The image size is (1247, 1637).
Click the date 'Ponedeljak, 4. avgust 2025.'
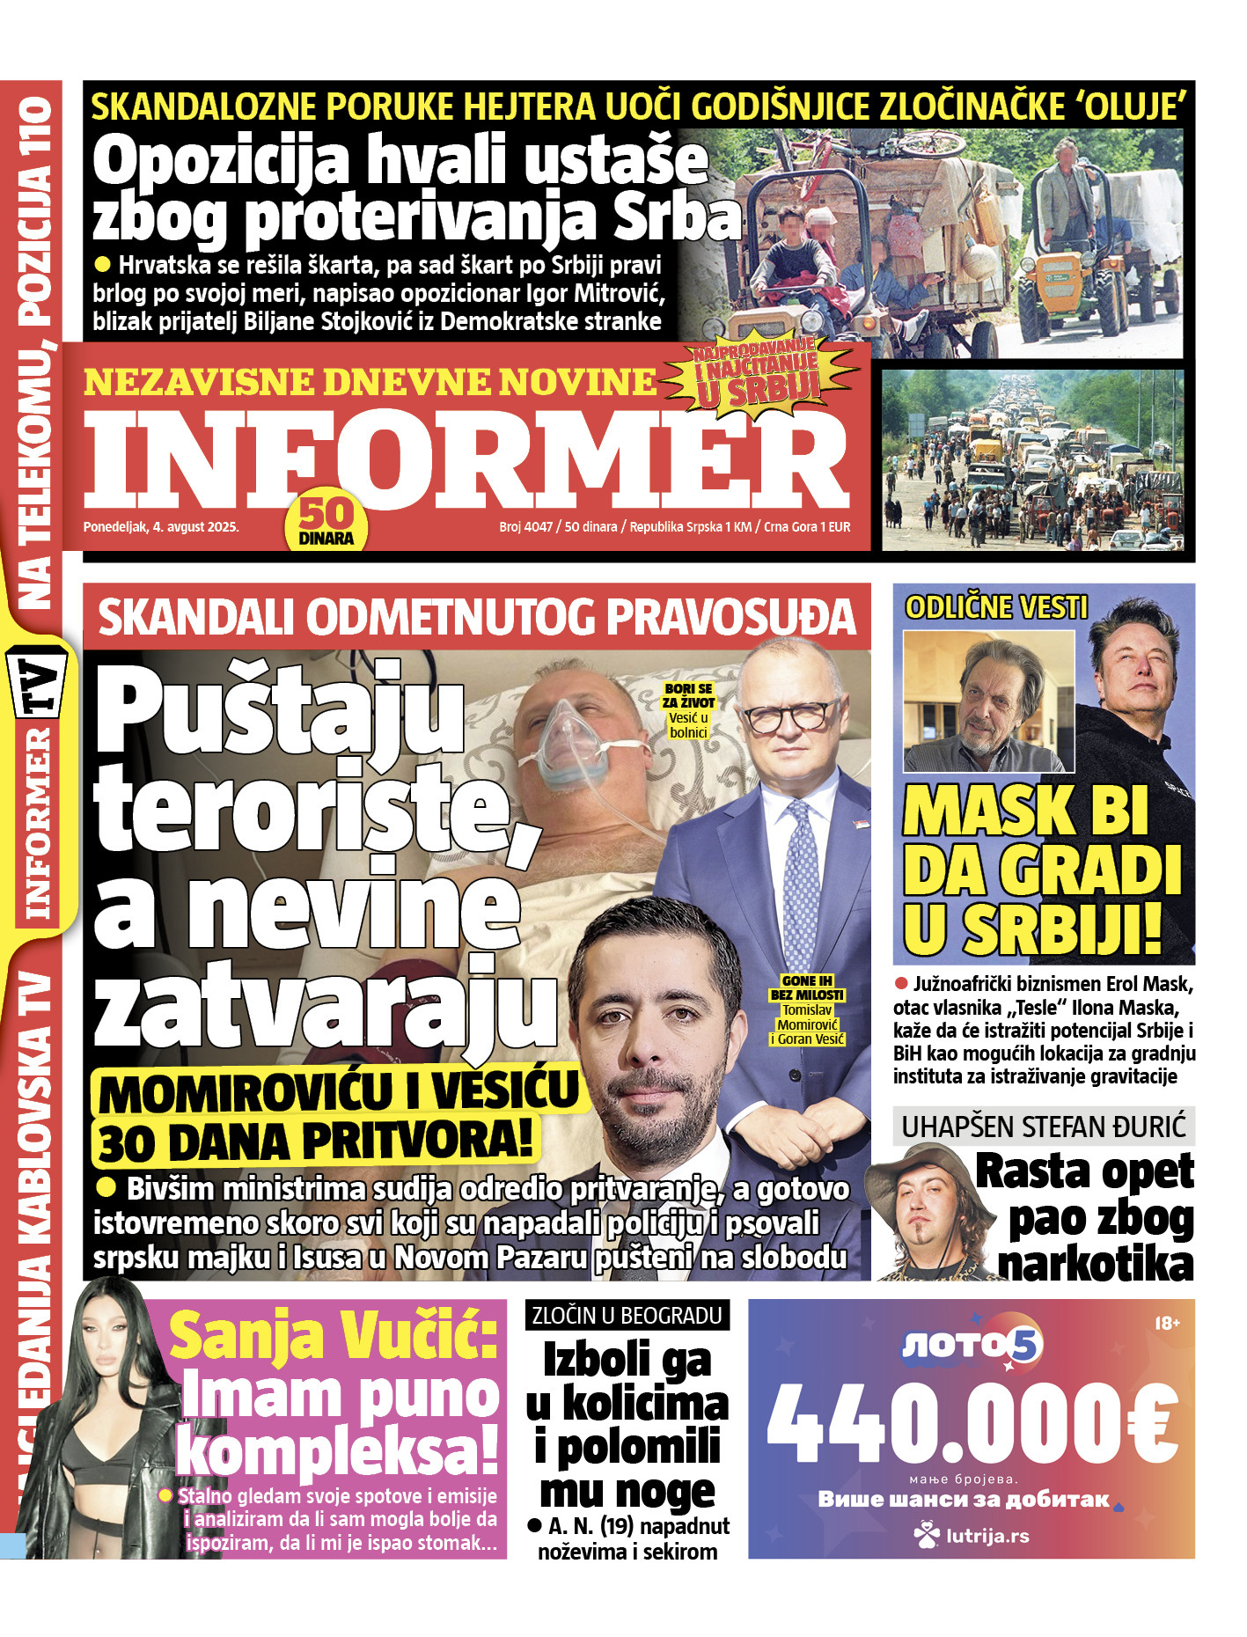[x=161, y=527]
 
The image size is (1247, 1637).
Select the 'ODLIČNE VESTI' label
[x=995, y=607]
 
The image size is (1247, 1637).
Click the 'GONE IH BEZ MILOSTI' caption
[x=806, y=987]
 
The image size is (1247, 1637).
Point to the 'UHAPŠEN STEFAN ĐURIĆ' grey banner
[x=1044, y=1126]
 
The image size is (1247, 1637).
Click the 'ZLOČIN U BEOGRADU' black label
[x=627, y=1316]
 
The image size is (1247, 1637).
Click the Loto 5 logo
[x=972, y=1344]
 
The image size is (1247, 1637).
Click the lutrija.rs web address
[x=972, y=1537]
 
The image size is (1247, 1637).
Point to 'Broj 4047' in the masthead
[x=525, y=527]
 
